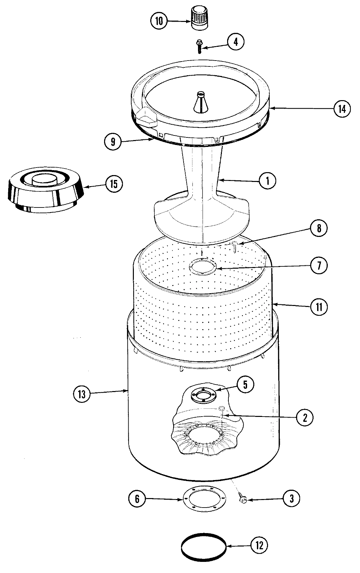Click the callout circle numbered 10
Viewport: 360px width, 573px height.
pos(159,21)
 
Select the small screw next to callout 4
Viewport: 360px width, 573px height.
pos(199,46)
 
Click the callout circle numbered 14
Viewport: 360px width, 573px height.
pos(342,108)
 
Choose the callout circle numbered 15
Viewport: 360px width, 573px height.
pos(114,184)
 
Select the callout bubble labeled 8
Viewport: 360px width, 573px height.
pos(319,228)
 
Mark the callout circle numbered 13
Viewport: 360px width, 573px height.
pos(81,394)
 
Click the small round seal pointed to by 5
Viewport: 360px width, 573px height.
pos(203,394)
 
